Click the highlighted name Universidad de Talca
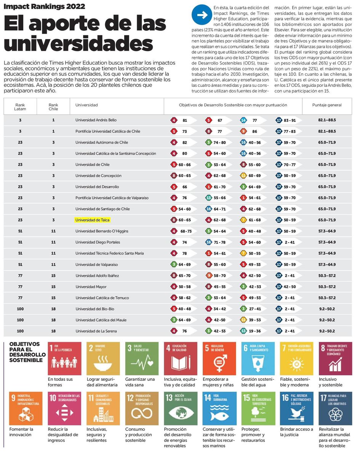tap(93, 220)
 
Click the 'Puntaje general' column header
tap(326, 105)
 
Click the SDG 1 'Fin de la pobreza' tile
tap(64, 358)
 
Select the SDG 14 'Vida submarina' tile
tap(219, 408)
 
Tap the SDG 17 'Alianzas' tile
tap(335, 408)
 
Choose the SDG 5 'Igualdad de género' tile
tap(219, 358)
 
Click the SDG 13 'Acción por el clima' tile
tap(181, 408)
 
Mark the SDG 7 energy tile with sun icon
tap(296, 358)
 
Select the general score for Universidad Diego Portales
tap(326, 242)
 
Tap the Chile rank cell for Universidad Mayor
tap(53, 287)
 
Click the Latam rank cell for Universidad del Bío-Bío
tap(20, 309)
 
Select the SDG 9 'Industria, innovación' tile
tap(26, 408)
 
